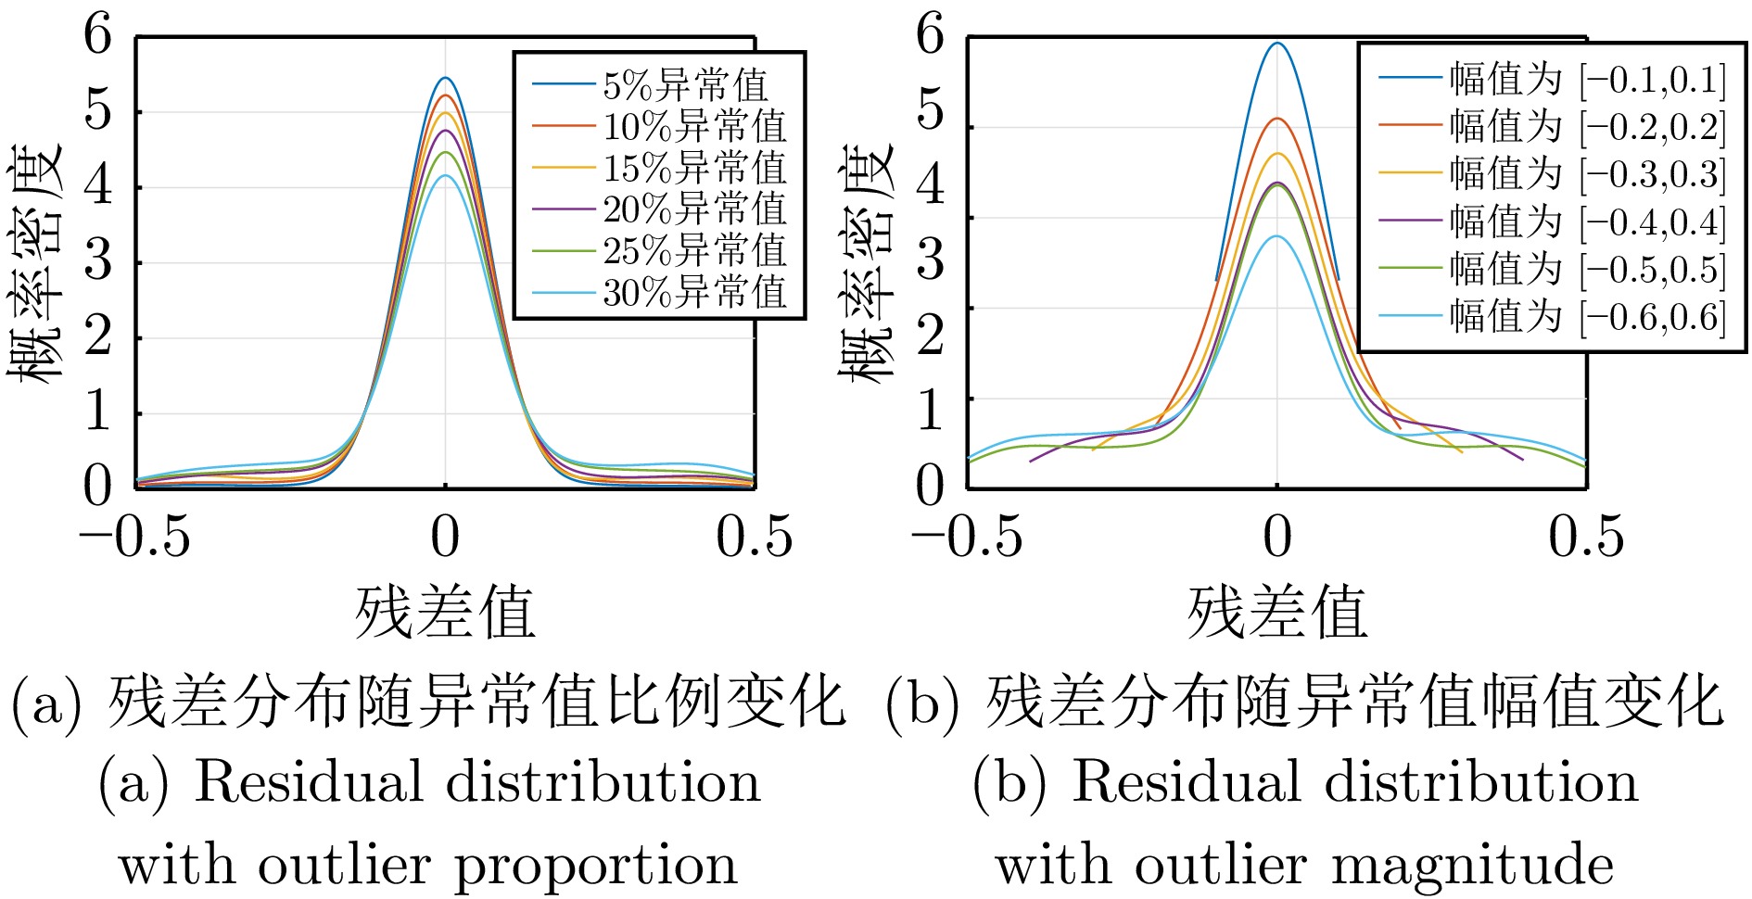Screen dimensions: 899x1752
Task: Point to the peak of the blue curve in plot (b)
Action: pyautogui.click(x=1277, y=43)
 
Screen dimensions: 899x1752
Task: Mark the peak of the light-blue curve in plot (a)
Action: pyautogui.click(x=446, y=175)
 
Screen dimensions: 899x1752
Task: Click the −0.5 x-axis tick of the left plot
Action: pyautogui.click(x=135, y=537)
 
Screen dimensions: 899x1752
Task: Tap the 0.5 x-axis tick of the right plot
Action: pyautogui.click(x=1586, y=537)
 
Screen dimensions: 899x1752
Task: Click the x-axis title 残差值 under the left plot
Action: pyautogui.click(x=445, y=613)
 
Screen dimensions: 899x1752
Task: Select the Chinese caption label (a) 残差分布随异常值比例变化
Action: pyautogui.click(x=428, y=702)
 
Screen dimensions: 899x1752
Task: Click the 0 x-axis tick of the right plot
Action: pyautogui.click(x=1277, y=537)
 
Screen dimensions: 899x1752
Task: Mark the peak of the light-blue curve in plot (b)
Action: pyautogui.click(x=1277, y=236)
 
